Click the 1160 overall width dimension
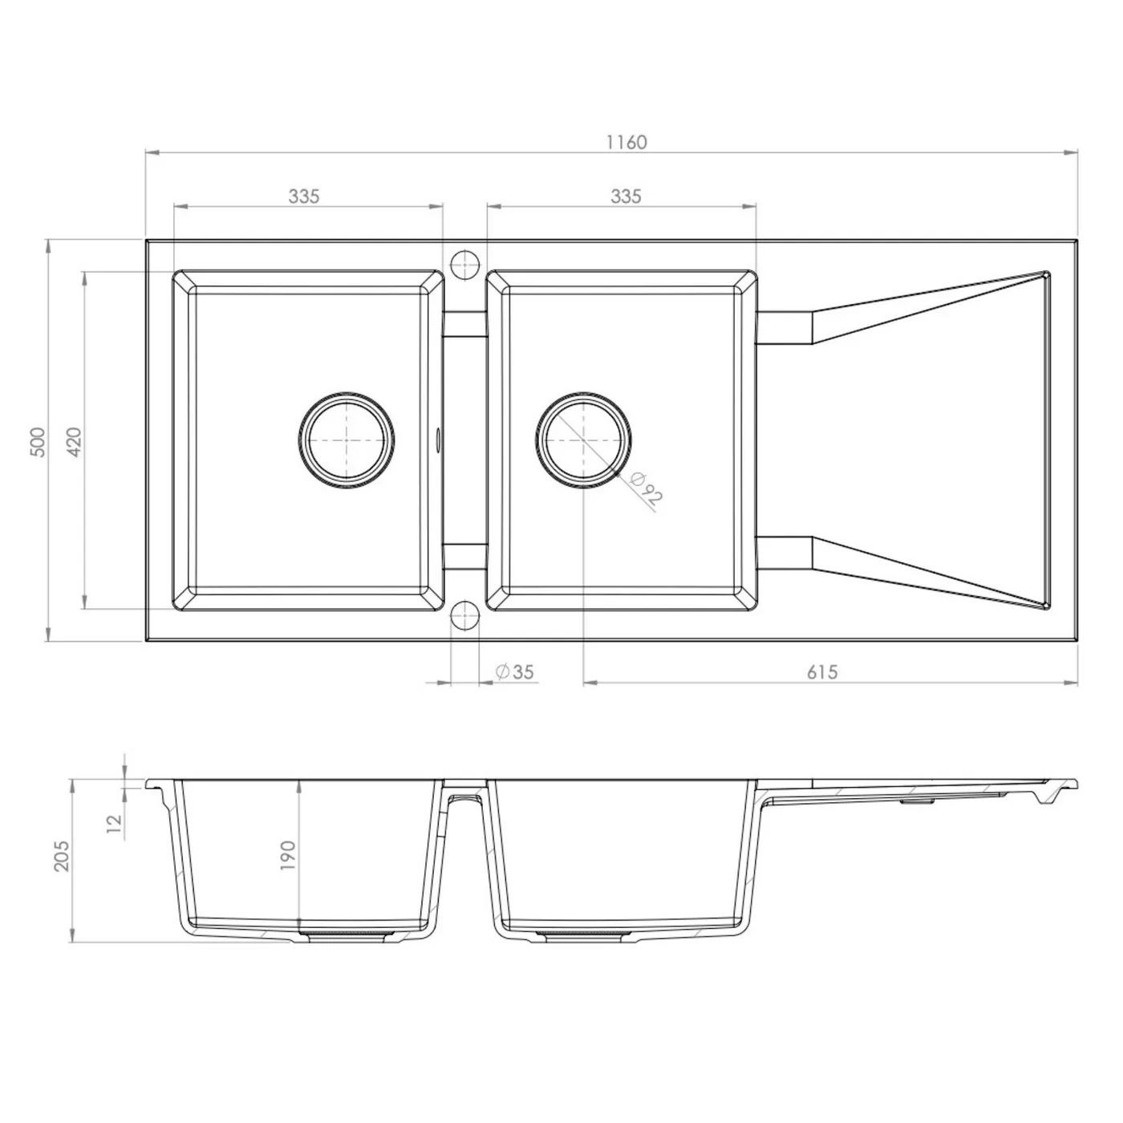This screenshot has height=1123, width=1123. pos(626,142)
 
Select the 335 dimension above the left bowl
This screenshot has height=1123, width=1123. pos(304,197)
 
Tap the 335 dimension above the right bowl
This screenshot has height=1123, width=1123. pos(626,197)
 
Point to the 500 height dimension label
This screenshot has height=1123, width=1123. pos(37,442)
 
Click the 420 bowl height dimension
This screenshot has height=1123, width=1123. pos(74,442)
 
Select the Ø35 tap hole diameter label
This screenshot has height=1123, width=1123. pos(514,672)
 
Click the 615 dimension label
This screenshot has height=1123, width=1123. pos(822,672)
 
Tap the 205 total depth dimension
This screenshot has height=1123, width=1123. pos(61,856)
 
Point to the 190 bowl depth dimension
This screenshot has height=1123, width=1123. pos(288,856)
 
